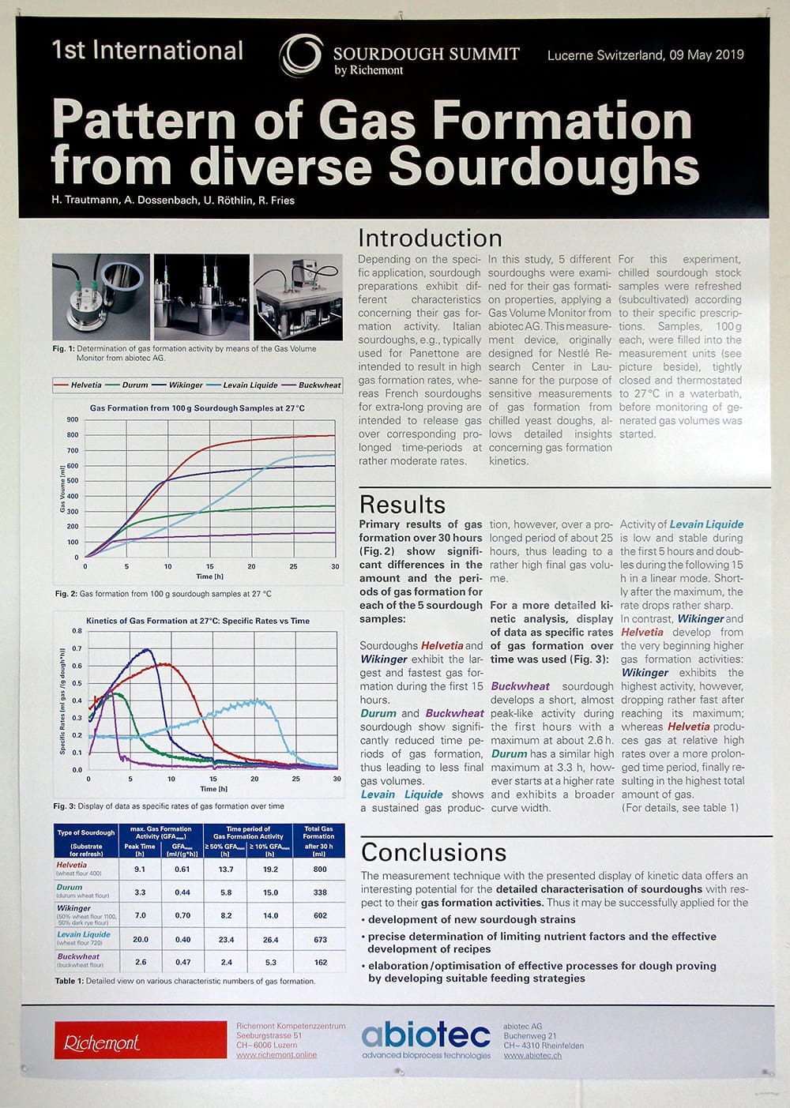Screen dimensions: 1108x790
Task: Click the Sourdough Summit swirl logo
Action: click(301, 55)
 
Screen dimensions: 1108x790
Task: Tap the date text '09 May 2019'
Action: click(707, 55)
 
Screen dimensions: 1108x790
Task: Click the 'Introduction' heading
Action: click(430, 239)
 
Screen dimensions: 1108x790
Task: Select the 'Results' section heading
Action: click(402, 505)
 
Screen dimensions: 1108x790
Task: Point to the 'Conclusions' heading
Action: click(434, 852)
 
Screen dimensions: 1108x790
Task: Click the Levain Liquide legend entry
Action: click(250, 385)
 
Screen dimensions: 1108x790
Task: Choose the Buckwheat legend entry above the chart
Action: click(319, 385)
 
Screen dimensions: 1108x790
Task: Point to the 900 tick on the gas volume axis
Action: click(73, 420)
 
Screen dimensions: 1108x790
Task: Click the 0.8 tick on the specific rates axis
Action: click(77, 631)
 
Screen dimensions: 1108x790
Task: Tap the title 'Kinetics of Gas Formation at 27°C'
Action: click(197, 621)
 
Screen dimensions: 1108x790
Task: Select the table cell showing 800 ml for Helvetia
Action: click(319, 869)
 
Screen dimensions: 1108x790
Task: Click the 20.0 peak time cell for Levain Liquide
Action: click(140, 940)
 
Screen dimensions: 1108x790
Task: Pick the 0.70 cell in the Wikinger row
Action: click(182, 915)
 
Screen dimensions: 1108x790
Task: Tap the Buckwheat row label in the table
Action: click(78, 956)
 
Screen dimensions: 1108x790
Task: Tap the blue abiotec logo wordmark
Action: click(426, 1035)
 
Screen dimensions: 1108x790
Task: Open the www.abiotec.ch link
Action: click(532, 1055)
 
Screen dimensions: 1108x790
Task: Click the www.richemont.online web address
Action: click(276, 1055)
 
